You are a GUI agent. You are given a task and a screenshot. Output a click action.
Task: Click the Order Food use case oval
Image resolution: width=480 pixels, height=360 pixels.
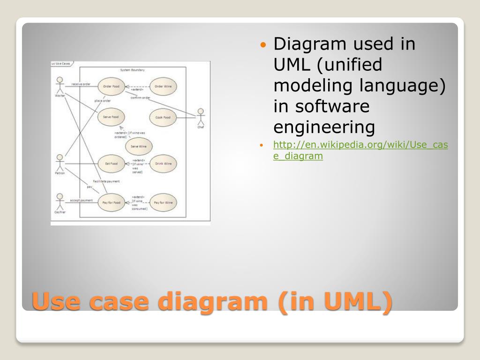tap(111, 87)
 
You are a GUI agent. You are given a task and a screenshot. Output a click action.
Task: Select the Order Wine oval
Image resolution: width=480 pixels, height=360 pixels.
tap(163, 87)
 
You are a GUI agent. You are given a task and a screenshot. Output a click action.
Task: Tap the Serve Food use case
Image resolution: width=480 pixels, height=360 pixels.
tap(111, 117)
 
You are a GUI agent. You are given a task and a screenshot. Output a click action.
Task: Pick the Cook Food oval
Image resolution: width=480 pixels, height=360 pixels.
tap(163, 117)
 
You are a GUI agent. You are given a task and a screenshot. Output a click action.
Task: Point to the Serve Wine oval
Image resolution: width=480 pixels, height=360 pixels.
tap(139, 146)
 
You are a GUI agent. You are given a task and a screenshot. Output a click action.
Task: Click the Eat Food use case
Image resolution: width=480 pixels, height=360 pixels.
tap(111, 164)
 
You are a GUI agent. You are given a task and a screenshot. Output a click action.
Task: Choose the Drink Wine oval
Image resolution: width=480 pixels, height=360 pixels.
tap(163, 164)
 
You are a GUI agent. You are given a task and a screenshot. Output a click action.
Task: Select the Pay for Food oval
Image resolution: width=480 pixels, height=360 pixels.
tap(111, 202)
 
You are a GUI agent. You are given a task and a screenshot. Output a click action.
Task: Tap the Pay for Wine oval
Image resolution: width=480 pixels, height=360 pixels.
tap(163, 202)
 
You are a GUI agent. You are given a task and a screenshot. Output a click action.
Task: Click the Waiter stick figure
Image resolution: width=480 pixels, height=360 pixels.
tap(59, 85)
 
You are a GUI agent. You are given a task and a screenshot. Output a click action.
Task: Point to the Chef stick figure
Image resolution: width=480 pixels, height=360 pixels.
tap(201, 116)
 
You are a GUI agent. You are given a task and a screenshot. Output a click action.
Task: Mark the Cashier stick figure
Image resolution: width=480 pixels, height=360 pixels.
tap(60, 201)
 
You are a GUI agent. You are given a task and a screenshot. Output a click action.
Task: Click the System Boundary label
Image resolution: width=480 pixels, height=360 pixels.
tap(133, 70)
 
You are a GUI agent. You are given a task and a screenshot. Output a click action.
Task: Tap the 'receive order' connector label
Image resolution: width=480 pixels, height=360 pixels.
tap(81, 84)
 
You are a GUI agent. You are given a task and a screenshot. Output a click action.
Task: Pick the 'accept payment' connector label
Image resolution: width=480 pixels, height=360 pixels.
tap(81, 200)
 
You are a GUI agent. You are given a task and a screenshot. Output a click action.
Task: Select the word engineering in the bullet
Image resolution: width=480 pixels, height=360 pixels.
tap(324, 127)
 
